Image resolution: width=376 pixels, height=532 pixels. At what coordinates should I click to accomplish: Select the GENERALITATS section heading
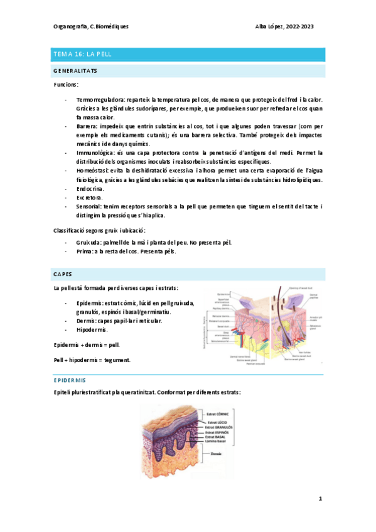(75, 71)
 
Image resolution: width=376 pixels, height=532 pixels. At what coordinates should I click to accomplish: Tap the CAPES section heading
(63, 274)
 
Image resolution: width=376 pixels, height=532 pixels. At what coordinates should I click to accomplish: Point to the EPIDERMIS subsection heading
(70, 380)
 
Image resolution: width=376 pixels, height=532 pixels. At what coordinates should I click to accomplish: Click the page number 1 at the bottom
(320, 499)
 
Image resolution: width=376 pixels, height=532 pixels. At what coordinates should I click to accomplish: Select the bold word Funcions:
(65, 84)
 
